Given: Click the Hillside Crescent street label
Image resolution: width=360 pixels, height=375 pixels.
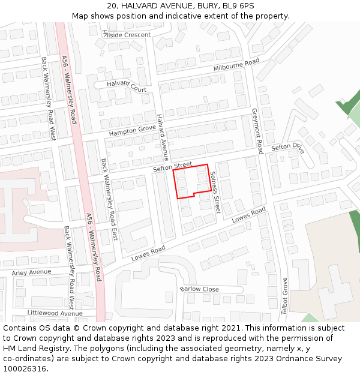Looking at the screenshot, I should coord(127,35).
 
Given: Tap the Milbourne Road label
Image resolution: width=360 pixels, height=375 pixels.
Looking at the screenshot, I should coord(236,65).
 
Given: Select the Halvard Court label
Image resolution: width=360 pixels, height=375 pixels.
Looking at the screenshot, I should coord(127,86).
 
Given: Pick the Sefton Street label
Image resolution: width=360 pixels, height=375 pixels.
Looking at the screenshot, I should coord(172,166).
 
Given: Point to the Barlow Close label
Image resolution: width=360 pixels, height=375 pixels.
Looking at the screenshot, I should coord(199,289).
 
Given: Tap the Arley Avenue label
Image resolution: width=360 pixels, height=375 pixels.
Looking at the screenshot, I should coord(32,272).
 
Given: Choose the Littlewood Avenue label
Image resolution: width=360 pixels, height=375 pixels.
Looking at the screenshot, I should coord(55,313).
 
